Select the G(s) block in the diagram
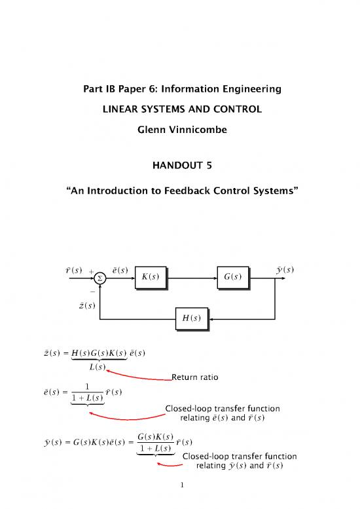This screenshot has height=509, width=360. click(x=235, y=276)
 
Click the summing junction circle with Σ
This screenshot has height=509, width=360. click(x=100, y=276)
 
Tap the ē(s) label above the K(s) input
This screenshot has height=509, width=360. click(x=119, y=269)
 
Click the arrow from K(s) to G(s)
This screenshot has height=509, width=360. click(x=193, y=276)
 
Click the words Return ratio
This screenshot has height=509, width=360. click(x=194, y=377)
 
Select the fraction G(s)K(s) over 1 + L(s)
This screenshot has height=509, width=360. click(x=155, y=442)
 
